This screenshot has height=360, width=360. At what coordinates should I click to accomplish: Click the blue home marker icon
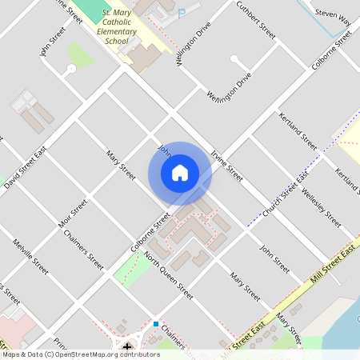click(x=180, y=172)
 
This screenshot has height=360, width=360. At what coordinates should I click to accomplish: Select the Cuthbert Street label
click(x=255, y=21)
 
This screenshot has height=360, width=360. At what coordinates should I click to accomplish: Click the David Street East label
click(x=26, y=173)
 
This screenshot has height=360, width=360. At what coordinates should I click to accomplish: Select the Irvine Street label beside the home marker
click(x=226, y=162)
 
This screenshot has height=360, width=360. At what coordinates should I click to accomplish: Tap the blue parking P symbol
click(x=182, y=13)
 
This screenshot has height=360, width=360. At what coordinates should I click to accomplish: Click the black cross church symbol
click(x=127, y=346)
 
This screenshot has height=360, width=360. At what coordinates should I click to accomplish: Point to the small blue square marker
click(x=155, y=323)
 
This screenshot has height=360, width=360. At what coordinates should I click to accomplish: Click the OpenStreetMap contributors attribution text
click(x=80, y=354)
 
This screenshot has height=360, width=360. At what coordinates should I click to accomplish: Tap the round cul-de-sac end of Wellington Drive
click(x=233, y=58)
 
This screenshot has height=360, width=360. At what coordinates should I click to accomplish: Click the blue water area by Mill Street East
click(x=336, y=320)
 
